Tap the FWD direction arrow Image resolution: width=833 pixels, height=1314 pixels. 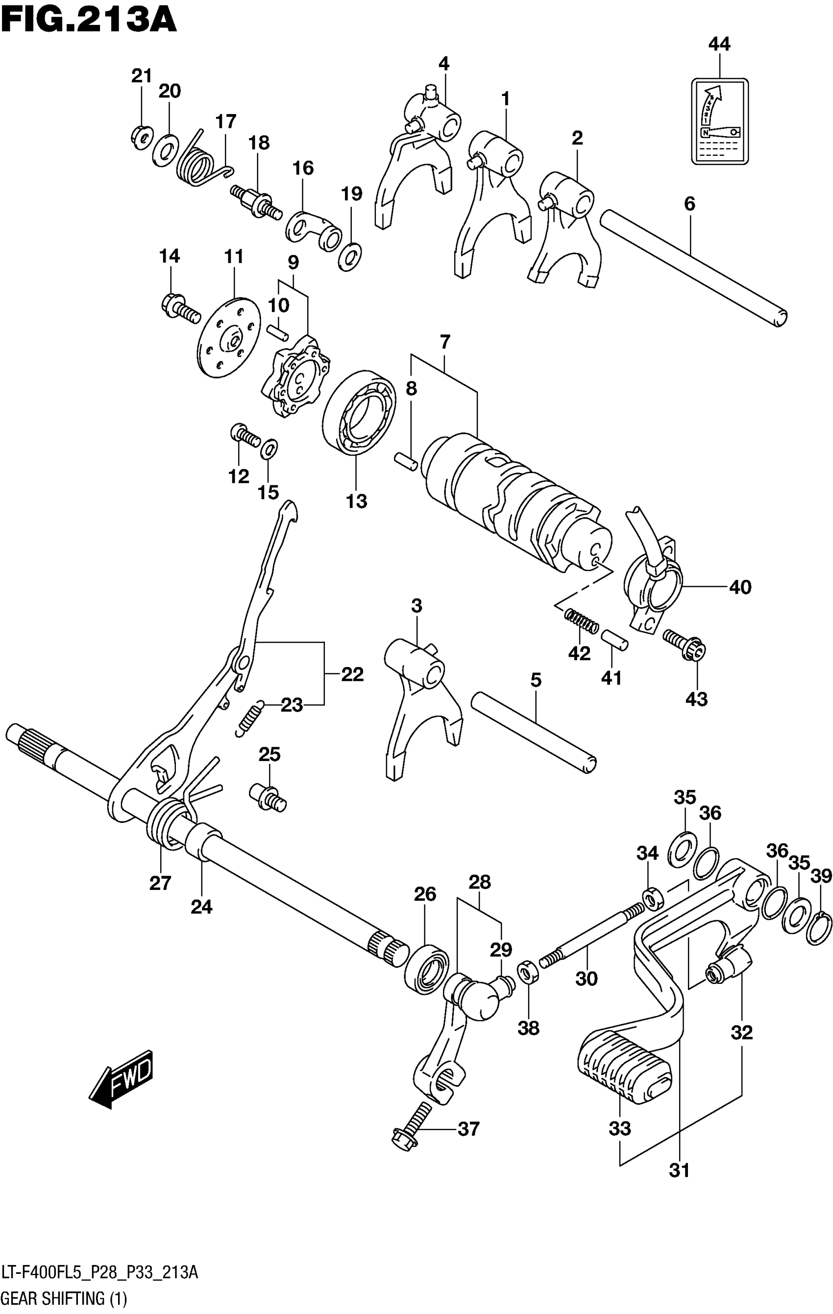coord(122,1080)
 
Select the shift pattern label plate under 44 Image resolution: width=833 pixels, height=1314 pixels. coord(719,121)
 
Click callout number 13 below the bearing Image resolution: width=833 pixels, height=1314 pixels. coord(356,501)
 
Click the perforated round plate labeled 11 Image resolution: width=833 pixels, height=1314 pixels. coord(229,336)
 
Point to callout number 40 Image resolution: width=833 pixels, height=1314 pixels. coord(740,587)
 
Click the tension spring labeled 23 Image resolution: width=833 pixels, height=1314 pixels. coord(249,718)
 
